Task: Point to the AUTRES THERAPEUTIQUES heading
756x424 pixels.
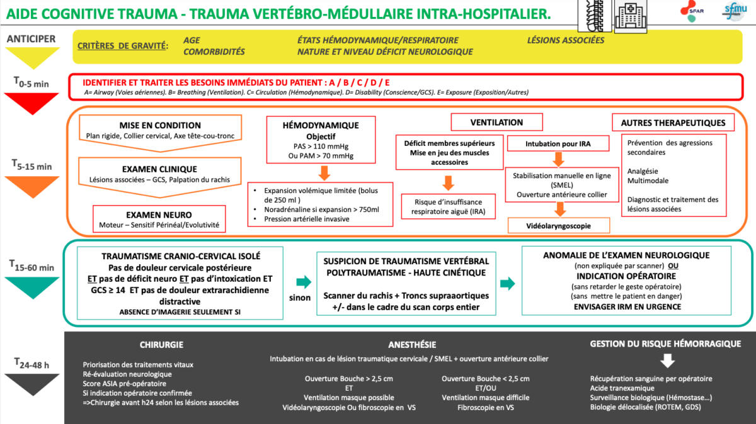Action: point(673,123)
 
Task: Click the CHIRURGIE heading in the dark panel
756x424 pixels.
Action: point(162,345)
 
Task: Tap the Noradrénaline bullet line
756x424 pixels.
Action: point(321,209)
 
